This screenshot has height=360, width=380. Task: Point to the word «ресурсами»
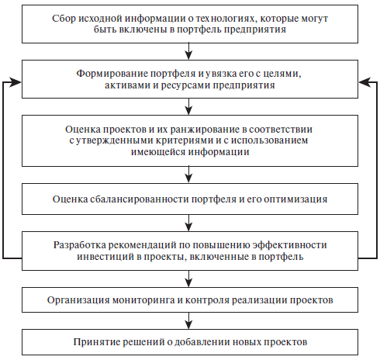tap(185, 85)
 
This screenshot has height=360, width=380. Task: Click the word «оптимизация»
tap(296, 199)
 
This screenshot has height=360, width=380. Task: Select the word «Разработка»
tap(80, 244)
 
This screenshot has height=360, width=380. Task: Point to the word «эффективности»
tap(289, 244)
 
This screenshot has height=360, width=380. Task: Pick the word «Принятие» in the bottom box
tap(96, 342)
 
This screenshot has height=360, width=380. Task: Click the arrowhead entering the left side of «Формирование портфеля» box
tap(16, 83)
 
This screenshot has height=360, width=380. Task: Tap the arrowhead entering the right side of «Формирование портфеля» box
tap(364, 83)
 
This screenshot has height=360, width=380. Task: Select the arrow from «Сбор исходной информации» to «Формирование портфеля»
tap(189, 51)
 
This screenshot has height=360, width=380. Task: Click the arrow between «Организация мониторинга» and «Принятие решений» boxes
tap(189, 320)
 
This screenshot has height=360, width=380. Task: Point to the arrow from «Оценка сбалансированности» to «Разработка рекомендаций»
tap(189, 223)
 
